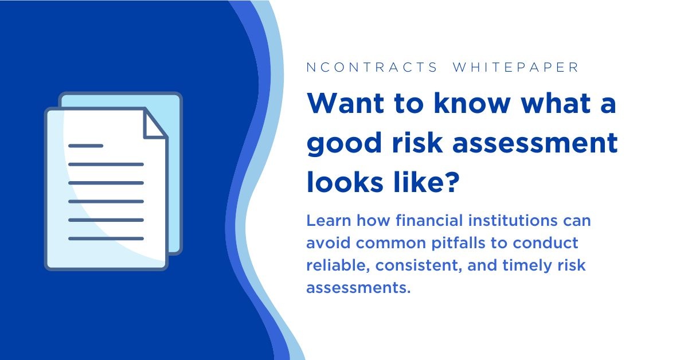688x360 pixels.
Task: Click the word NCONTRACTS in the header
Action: click(372, 67)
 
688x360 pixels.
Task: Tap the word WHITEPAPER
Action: click(515, 67)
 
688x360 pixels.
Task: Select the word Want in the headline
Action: click(346, 103)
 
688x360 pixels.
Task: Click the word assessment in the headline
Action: click(535, 143)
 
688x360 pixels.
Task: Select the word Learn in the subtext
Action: click(329, 220)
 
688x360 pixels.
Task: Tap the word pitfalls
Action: click(458, 243)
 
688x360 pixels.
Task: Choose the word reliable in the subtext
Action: click(338, 265)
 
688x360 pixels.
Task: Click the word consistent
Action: click(419, 265)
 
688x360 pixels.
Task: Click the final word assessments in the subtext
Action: click(358, 288)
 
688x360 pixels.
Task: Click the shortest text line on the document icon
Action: click(85, 146)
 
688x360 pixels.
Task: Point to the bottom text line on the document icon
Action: click(106, 238)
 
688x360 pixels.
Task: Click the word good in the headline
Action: click(344, 143)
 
